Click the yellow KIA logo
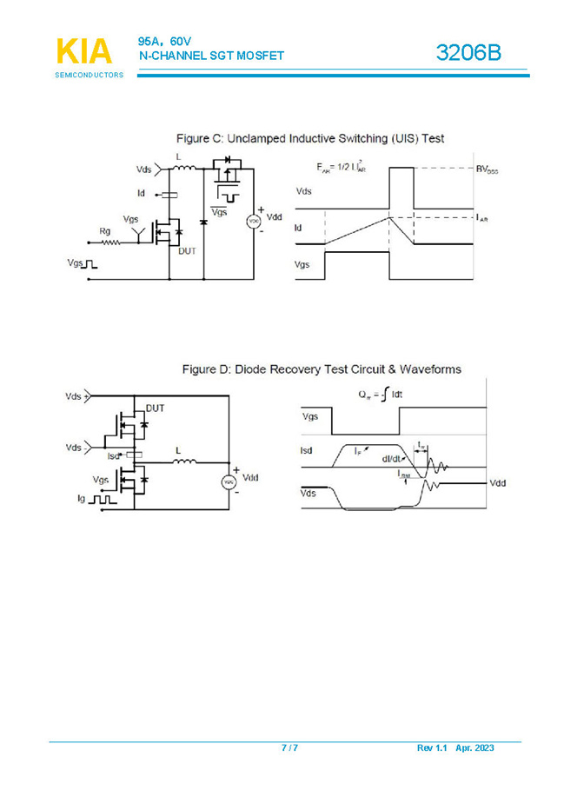[x=84, y=51]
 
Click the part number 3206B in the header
[x=469, y=54]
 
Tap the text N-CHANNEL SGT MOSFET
[x=211, y=56]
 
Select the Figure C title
[x=310, y=138]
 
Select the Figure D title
[x=321, y=369]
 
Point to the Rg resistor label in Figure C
[x=106, y=230]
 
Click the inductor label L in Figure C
[x=178, y=157]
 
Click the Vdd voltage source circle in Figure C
[x=255, y=221]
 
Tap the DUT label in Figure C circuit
[x=187, y=251]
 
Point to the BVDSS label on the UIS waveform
[x=487, y=168]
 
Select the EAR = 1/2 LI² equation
[x=342, y=168]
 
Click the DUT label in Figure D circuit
[x=156, y=408]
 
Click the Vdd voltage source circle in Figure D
[x=230, y=482]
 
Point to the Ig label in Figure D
[x=82, y=499]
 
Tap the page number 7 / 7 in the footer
[x=289, y=748]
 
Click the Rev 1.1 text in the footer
[x=432, y=748]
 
